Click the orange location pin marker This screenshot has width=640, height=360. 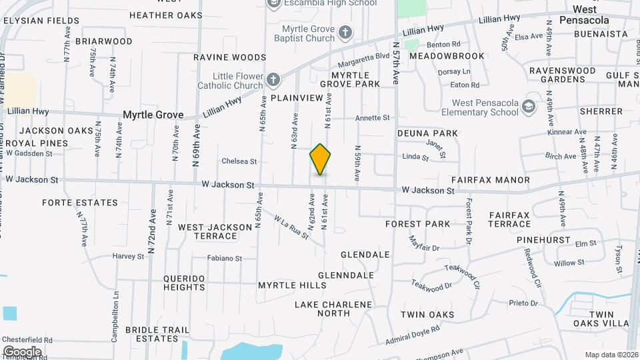(x=320, y=159)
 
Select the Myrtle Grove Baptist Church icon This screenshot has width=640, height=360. (x=345, y=32)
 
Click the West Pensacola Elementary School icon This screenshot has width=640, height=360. (x=529, y=107)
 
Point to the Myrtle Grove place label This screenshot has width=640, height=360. (x=153, y=115)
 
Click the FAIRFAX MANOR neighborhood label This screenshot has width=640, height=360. (x=490, y=180)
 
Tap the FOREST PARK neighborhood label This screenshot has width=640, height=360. (x=418, y=224)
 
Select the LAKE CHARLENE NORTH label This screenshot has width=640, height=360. (x=333, y=309)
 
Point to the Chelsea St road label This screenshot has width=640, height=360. (x=239, y=161)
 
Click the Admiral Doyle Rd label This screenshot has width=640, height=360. (x=413, y=335)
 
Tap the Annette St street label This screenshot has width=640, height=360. (x=372, y=118)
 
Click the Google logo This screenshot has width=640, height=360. (x=22, y=351)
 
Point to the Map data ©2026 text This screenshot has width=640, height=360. (x=610, y=355)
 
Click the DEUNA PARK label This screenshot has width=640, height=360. (x=427, y=133)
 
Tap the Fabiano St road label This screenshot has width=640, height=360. (x=224, y=259)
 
